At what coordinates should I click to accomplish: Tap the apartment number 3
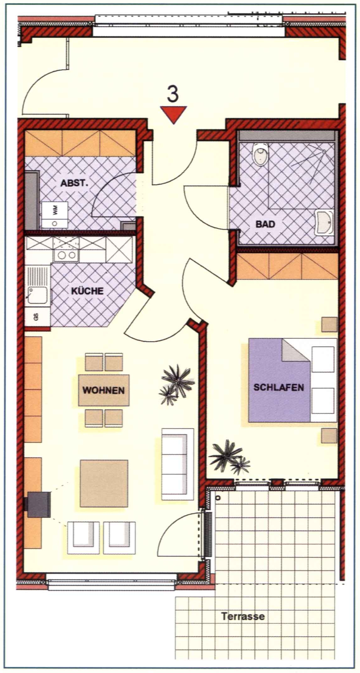point(173,94)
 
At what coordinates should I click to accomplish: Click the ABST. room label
point(74,183)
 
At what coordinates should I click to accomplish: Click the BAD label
point(265,224)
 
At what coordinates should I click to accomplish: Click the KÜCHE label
point(87,291)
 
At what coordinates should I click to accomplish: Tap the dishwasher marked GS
point(37,317)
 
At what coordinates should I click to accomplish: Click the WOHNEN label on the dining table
point(103,390)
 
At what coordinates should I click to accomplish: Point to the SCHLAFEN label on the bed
point(279,387)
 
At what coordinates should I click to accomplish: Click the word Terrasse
point(243,616)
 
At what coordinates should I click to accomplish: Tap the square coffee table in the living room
point(104,483)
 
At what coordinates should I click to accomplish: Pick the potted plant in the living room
point(176,384)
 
